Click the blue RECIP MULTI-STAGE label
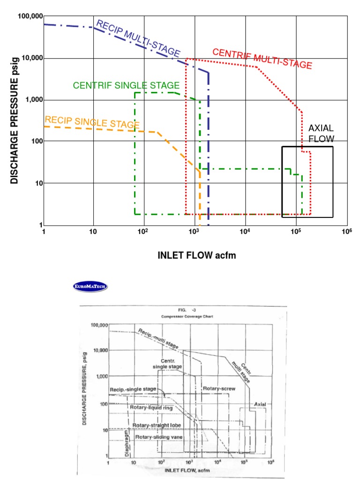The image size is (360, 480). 138,39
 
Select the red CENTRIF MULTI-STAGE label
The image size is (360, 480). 262,59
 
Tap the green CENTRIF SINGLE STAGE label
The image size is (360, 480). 126,85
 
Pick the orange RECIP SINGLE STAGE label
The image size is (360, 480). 92,122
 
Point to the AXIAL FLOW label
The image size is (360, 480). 321,134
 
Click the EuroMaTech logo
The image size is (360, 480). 90,286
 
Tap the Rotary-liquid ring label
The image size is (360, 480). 151,408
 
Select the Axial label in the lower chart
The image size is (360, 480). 260,404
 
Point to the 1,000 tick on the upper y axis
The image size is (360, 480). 32,100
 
